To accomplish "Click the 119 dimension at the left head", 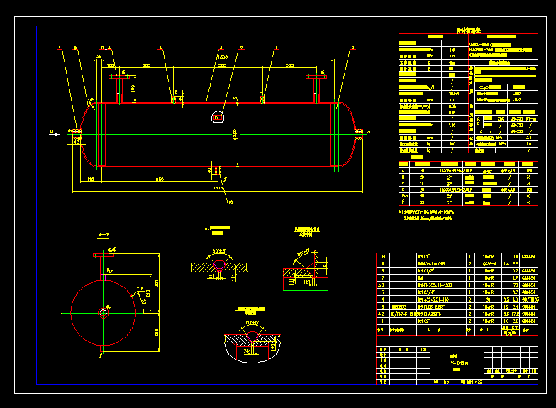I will [x=91, y=180].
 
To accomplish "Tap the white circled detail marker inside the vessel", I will [x=218, y=116].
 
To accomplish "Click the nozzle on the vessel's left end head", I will [x=74, y=130].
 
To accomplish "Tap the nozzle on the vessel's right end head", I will [x=365, y=131].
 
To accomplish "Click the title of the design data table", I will [x=469, y=31].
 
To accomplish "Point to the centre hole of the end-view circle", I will [x=104, y=312].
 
